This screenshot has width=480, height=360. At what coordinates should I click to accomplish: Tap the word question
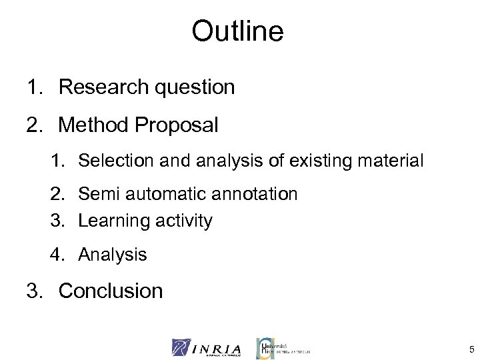pyautogui.click(x=197, y=87)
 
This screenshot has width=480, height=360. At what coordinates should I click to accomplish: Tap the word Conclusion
pyautogui.click(x=111, y=291)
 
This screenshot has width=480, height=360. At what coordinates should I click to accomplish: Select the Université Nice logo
pyautogui.click(x=283, y=347)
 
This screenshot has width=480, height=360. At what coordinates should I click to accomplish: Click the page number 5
pyautogui.click(x=471, y=348)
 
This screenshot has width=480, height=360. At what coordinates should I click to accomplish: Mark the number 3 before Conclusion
pyautogui.click(x=31, y=291)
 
